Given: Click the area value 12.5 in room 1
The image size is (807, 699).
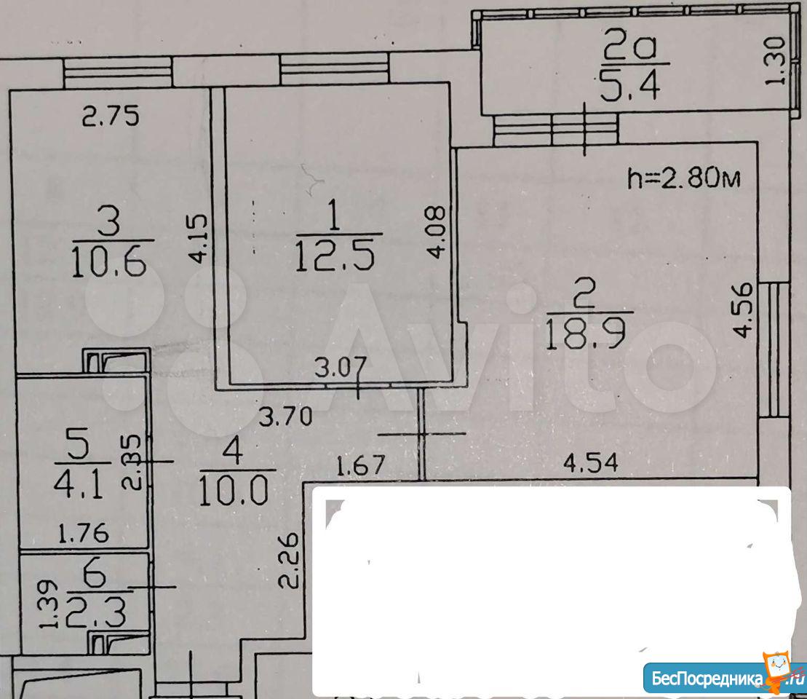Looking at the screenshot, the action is pos(335,256).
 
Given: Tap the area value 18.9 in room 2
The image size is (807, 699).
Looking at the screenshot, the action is pos(585,333).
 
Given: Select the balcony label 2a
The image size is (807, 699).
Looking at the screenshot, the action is pos(631,48).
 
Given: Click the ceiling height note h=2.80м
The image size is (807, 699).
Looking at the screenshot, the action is pos(684,178).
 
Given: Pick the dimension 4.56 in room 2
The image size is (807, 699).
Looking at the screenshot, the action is pos(743,309).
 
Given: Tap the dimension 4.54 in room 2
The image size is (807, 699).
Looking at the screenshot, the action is pos(590,462).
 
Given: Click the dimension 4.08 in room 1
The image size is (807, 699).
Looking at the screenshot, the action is pos(436,232).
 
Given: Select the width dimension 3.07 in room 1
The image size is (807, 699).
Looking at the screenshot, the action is pos(341,367).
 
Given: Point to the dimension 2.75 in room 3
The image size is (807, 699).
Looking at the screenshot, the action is pos(111,116).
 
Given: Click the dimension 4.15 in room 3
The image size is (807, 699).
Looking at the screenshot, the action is pos(199,239).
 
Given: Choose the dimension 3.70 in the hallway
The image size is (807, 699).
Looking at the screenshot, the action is pos(286,416).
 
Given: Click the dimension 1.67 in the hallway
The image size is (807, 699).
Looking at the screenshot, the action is pos(360,465).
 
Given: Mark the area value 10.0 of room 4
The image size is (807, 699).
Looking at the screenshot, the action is pos(233,490).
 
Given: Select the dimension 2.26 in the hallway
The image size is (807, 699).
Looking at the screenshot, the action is pos(288,561).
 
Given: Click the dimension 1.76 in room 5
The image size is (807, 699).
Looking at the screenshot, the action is pos(84,534).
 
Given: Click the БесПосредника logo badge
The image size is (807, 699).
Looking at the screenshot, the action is pos(724,676).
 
